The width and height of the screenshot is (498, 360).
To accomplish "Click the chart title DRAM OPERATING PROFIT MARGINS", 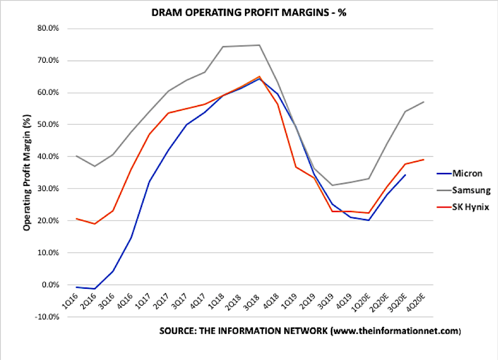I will [x=250, y=12].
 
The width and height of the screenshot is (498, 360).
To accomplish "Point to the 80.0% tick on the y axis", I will [x=49, y=29].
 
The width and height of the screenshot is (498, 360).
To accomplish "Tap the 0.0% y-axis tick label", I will [x=51, y=285].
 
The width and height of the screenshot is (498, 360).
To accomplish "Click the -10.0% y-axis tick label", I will [x=48, y=317].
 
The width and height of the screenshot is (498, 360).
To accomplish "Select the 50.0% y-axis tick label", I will [x=49, y=125].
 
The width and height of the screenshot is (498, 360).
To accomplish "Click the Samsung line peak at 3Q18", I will [x=259, y=45].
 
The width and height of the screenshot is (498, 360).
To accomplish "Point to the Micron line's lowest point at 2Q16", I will [x=95, y=289].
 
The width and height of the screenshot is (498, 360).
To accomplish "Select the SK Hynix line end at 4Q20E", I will [x=424, y=160].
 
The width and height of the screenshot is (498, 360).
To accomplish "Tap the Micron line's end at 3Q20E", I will [x=405, y=175].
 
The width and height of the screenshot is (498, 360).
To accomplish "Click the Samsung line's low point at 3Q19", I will [x=332, y=185].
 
